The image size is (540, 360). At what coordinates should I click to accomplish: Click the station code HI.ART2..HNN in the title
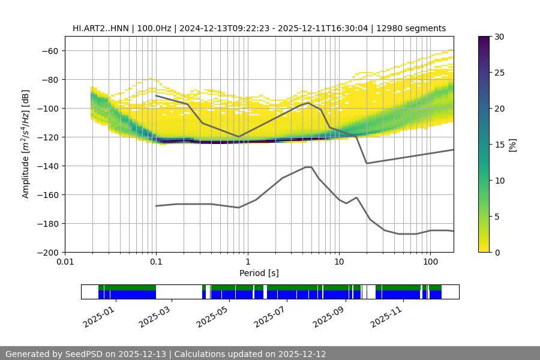tap(100, 28)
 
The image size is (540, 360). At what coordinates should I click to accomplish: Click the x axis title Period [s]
tap(259, 273)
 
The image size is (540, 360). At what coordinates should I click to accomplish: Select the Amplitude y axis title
tap(26, 145)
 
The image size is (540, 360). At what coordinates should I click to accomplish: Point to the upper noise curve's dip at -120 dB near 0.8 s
tap(239, 137)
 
